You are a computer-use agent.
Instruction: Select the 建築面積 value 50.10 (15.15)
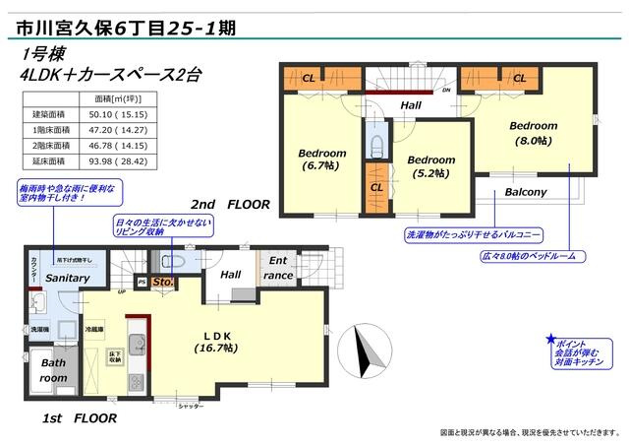pos(118,115)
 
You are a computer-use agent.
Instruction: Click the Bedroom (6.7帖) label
pos(321,159)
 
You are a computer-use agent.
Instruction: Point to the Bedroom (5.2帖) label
pos(431,166)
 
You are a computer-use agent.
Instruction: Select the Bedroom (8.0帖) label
pos(533,133)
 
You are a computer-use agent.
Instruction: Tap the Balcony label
pos(526,192)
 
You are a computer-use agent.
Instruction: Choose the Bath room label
pos(52,369)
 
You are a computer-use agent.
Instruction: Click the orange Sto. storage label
pos(163,284)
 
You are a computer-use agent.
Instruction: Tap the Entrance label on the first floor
pos(278,268)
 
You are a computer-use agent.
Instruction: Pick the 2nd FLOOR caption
pos(230,205)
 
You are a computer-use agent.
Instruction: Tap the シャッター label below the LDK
pos(191,406)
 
